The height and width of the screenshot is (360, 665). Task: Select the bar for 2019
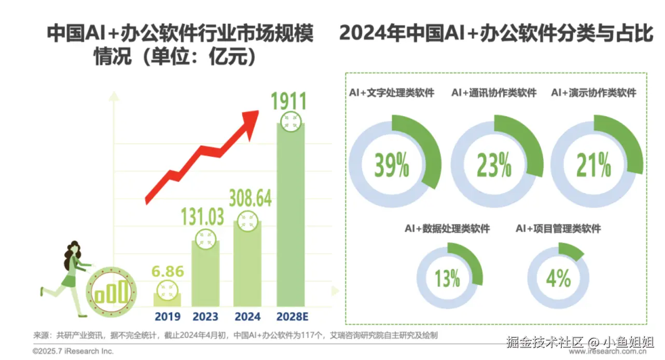[x=167, y=299]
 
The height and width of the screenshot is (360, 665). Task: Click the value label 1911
[x=289, y=102]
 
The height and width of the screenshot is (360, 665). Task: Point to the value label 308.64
[x=250, y=198]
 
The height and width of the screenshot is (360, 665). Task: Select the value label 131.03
[x=202, y=217]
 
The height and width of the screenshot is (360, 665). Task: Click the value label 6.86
[x=167, y=271]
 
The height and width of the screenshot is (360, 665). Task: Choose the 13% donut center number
[x=447, y=279]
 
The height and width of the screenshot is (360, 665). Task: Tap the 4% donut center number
[x=558, y=279]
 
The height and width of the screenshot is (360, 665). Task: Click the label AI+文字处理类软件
[x=392, y=93]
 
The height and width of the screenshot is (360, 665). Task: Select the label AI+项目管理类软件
[x=558, y=229]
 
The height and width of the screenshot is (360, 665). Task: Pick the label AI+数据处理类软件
[x=447, y=229]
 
